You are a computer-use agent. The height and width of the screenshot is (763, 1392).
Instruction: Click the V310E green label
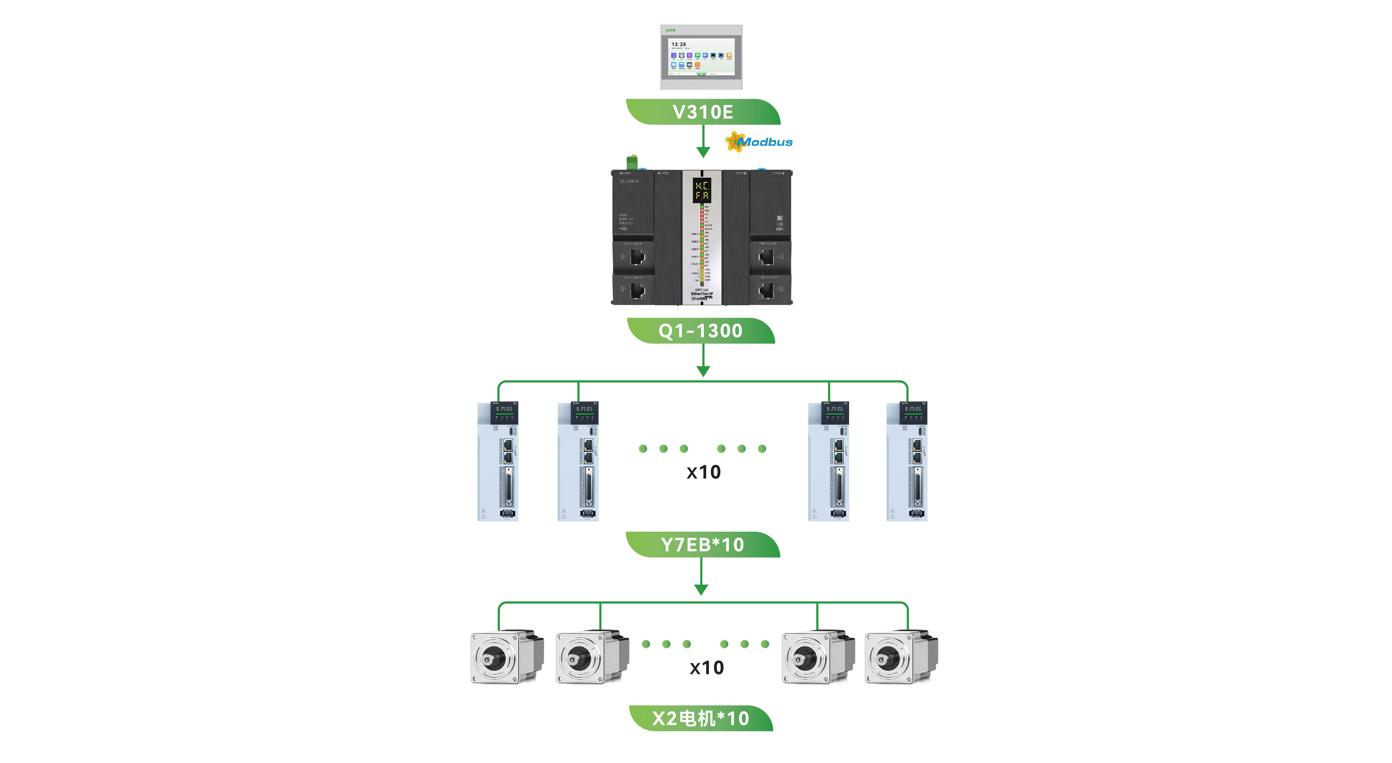point(703,112)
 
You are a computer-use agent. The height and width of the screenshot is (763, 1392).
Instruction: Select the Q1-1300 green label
point(701,331)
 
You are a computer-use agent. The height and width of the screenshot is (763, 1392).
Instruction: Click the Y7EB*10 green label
point(703,544)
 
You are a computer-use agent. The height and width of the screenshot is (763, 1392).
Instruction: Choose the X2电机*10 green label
point(701,718)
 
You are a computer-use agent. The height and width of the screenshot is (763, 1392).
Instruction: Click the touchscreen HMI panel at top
point(701,57)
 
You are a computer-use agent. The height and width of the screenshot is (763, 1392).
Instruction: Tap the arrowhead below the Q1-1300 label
point(703,371)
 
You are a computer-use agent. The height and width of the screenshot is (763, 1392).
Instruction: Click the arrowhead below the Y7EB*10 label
point(701,589)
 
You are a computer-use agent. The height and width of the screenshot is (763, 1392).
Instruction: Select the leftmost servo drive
point(498,461)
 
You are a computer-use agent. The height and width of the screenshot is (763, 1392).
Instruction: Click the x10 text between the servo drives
point(703,472)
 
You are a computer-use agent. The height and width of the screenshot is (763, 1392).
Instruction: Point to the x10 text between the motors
point(706,668)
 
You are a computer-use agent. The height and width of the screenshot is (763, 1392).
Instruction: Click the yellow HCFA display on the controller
point(702,190)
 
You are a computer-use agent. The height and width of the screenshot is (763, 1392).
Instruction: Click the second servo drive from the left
point(578,461)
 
